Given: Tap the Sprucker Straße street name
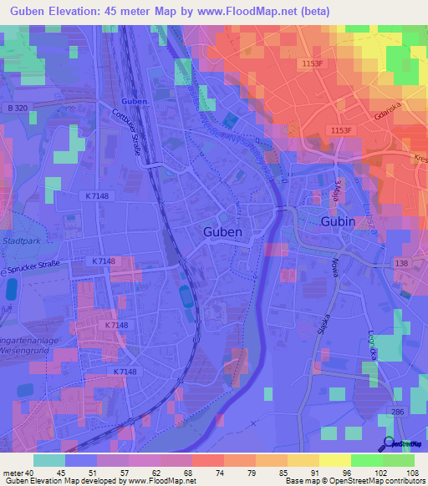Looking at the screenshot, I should (37, 269).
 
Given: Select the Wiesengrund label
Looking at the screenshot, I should (30, 351).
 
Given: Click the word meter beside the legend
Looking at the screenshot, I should (12, 472).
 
